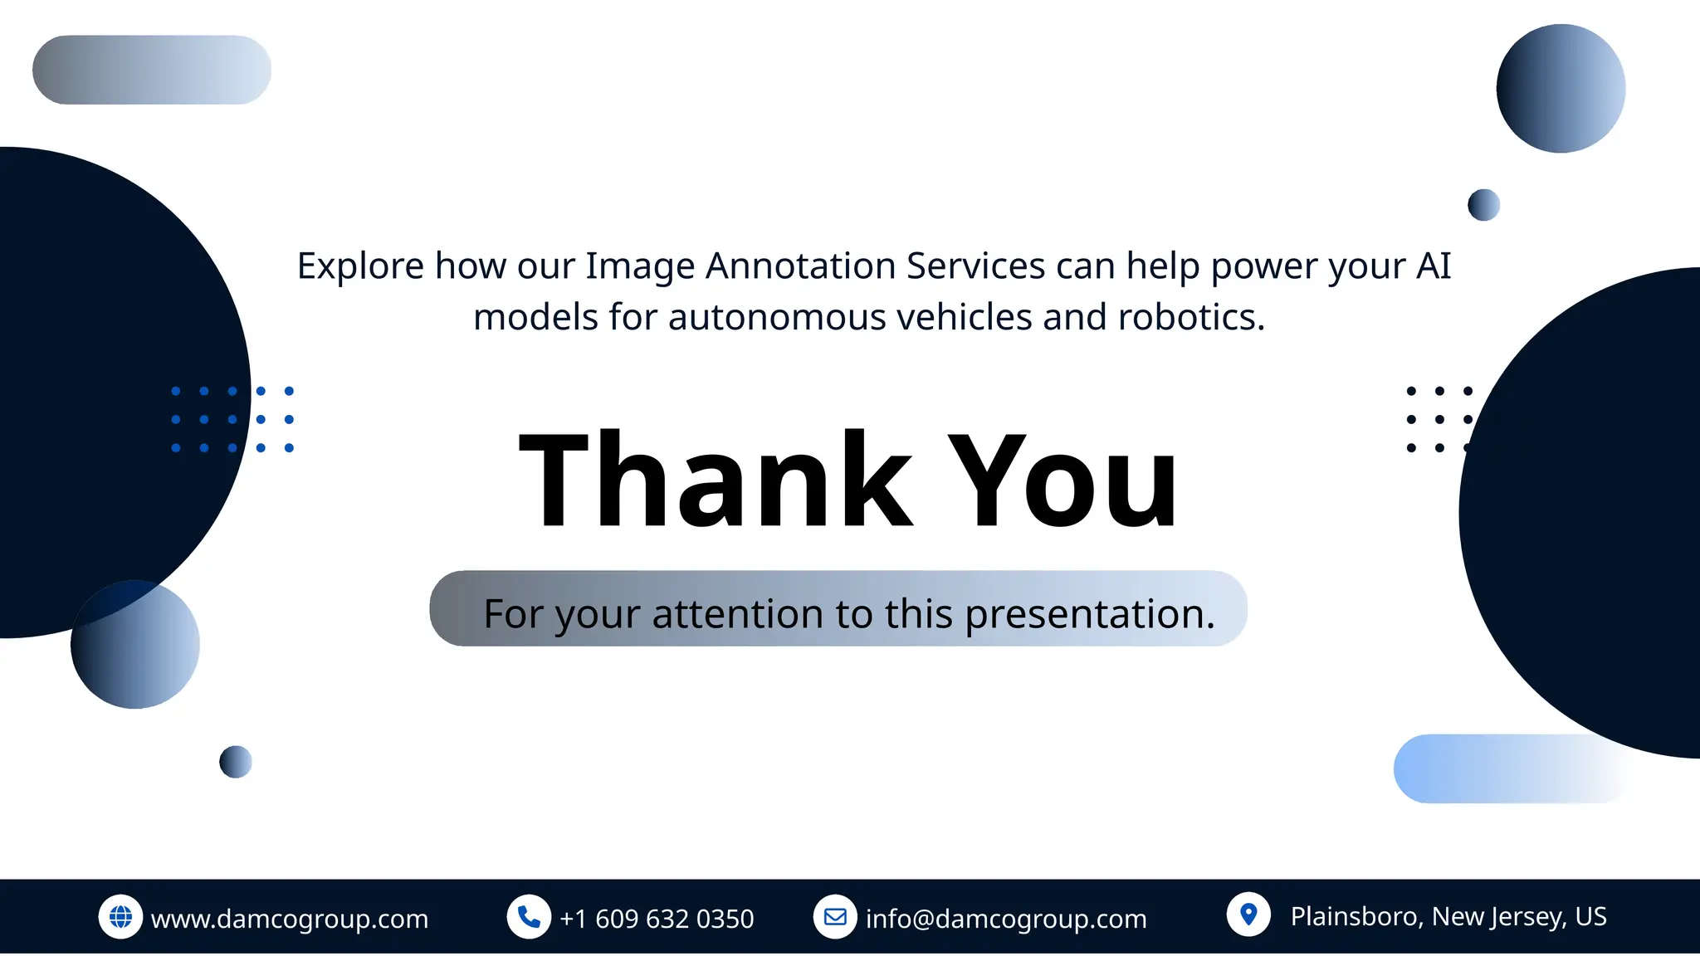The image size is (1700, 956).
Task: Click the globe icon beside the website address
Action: pyautogui.click(x=120, y=916)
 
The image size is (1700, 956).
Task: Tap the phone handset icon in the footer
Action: pyautogui.click(x=529, y=916)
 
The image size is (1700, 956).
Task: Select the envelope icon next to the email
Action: pyautogui.click(x=835, y=916)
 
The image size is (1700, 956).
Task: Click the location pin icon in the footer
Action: pyautogui.click(x=1248, y=914)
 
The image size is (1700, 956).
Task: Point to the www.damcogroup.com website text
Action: pyautogui.click(x=290, y=919)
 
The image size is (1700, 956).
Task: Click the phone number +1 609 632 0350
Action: pyautogui.click(x=657, y=919)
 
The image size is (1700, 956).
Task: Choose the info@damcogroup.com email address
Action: pyautogui.click(x=1006, y=919)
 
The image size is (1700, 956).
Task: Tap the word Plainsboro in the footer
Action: pyautogui.click(x=1356, y=916)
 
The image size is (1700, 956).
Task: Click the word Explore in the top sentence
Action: pyautogui.click(x=361, y=266)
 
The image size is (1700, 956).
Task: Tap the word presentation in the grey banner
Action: pyautogui.click(x=1089, y=614)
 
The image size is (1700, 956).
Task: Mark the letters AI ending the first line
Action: pyautogui.click(x=1434, y=266)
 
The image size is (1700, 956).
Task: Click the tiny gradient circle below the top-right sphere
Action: pyautogui.click(x=1483, y=205)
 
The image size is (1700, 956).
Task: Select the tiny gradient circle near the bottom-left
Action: pyautogui.click(x=236, y=762)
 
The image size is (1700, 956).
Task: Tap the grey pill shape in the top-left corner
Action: pyautogui.click(x=152, y=70)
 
